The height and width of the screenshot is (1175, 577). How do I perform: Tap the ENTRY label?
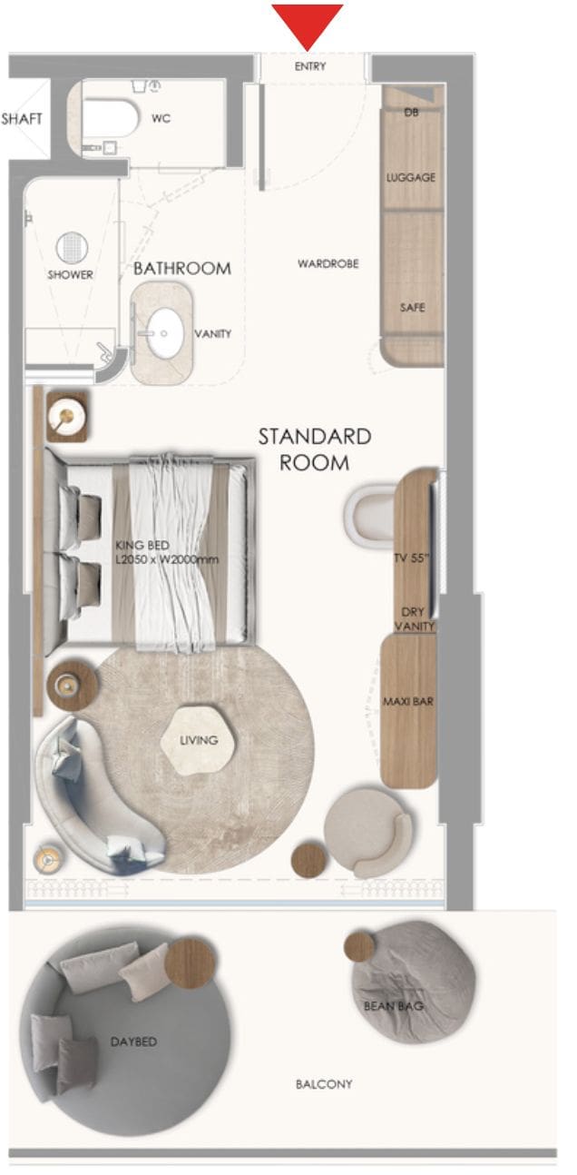click(310, 66)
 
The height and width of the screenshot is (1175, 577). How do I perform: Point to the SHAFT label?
click(22, 119)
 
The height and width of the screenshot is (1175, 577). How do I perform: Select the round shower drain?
click(73, 248)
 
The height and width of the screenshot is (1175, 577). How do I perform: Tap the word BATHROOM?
click(182, 269)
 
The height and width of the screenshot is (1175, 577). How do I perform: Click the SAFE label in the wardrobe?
click(412, 308)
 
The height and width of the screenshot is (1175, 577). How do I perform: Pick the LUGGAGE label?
click(411, 177)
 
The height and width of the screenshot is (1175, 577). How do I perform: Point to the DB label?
click(411, 112)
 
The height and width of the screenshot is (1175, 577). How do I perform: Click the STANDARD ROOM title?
click(315, 449)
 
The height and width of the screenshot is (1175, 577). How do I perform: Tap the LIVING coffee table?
click(198, 740)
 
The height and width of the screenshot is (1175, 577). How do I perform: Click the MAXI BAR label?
click(408, 701)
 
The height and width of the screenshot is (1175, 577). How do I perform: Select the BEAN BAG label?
click(394, 1005)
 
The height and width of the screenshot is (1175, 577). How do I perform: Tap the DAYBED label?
click(133, 1042)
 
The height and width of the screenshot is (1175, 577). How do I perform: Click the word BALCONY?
click(324, 1083)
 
